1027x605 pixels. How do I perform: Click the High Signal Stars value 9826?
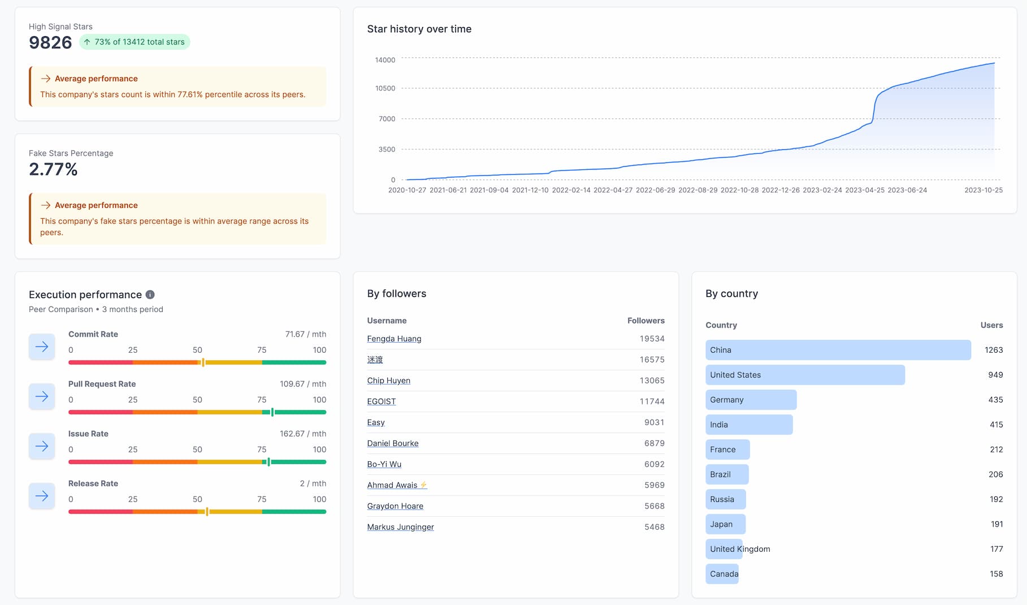tap(50, 42)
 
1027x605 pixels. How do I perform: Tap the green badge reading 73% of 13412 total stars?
tap(135, 42)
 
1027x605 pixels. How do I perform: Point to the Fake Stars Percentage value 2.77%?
tap(53, 169)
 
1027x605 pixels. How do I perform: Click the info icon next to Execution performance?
tap(150, 295)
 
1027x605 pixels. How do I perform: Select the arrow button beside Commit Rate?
tap(42, 347)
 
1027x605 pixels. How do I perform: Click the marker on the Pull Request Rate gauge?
tap(272, 412)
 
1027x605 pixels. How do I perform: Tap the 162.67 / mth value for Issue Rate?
tap(302, 434)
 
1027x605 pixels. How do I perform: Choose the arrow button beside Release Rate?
tap(42, 496)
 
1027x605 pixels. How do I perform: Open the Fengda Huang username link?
tap(394, 339)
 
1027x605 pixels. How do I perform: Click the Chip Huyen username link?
tap(388, 381)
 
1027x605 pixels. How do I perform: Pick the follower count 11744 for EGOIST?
tap(652, 401)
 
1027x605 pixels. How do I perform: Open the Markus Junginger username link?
tap(400, 527)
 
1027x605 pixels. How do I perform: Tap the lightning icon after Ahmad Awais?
tap(423, 485)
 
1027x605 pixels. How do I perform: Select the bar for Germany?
tap(751, 400)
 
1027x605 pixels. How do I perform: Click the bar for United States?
tap(805, 375)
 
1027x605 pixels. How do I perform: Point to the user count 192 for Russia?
tap(996, 499)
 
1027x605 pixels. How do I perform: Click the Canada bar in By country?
tap(722, 574)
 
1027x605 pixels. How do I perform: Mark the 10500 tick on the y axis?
tap(385, 88)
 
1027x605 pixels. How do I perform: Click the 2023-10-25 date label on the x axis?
tap(983, 190)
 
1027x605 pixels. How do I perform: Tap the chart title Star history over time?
tap(419, 29)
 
